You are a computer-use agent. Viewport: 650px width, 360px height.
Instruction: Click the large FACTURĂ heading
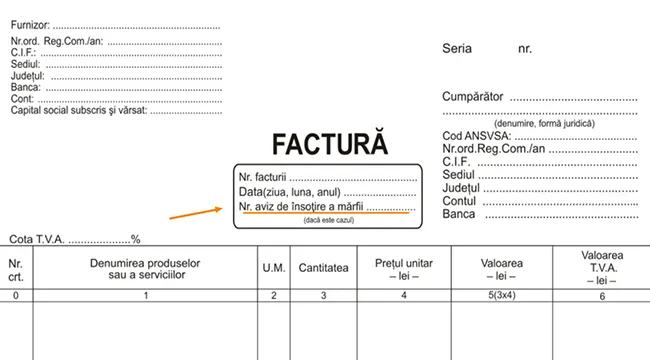tap(330, 143)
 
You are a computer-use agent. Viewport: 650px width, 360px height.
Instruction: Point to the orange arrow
tap(196, 213)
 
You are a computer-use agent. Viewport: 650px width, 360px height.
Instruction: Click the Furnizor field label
tap(30, 25)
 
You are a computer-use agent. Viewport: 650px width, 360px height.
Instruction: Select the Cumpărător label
tap(473, 97)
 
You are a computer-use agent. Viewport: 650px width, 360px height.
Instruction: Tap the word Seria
tap(457, 49)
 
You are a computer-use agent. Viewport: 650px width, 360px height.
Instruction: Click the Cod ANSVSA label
tap(477, 136)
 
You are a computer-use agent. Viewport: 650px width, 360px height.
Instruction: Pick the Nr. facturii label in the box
tap(262, 177)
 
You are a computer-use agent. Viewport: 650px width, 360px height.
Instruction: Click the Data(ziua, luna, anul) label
tap(290, 192)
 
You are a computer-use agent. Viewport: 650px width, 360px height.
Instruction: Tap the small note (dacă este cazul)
tap(329, 220)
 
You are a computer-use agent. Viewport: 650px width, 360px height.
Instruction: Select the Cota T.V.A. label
tap(37, 239)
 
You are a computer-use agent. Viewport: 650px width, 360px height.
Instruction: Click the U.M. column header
tap(274, 268)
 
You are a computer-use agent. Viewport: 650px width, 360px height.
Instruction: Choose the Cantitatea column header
tap(323, 268)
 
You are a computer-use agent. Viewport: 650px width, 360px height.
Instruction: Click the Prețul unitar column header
tap(404, 269)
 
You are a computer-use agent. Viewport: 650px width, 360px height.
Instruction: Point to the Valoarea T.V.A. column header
tap(602, 268)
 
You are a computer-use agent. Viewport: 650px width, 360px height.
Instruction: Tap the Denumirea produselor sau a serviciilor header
tap(145, 269)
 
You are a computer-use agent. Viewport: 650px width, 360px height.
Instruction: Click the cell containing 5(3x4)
tap(502, 295)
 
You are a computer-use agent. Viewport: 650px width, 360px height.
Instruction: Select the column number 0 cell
tap(16, 296)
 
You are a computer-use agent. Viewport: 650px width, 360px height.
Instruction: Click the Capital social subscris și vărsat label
tap(79, 110)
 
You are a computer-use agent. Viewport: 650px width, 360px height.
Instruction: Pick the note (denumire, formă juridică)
tap(544, 124)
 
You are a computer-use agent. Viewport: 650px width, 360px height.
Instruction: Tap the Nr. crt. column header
tap(15, 270)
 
